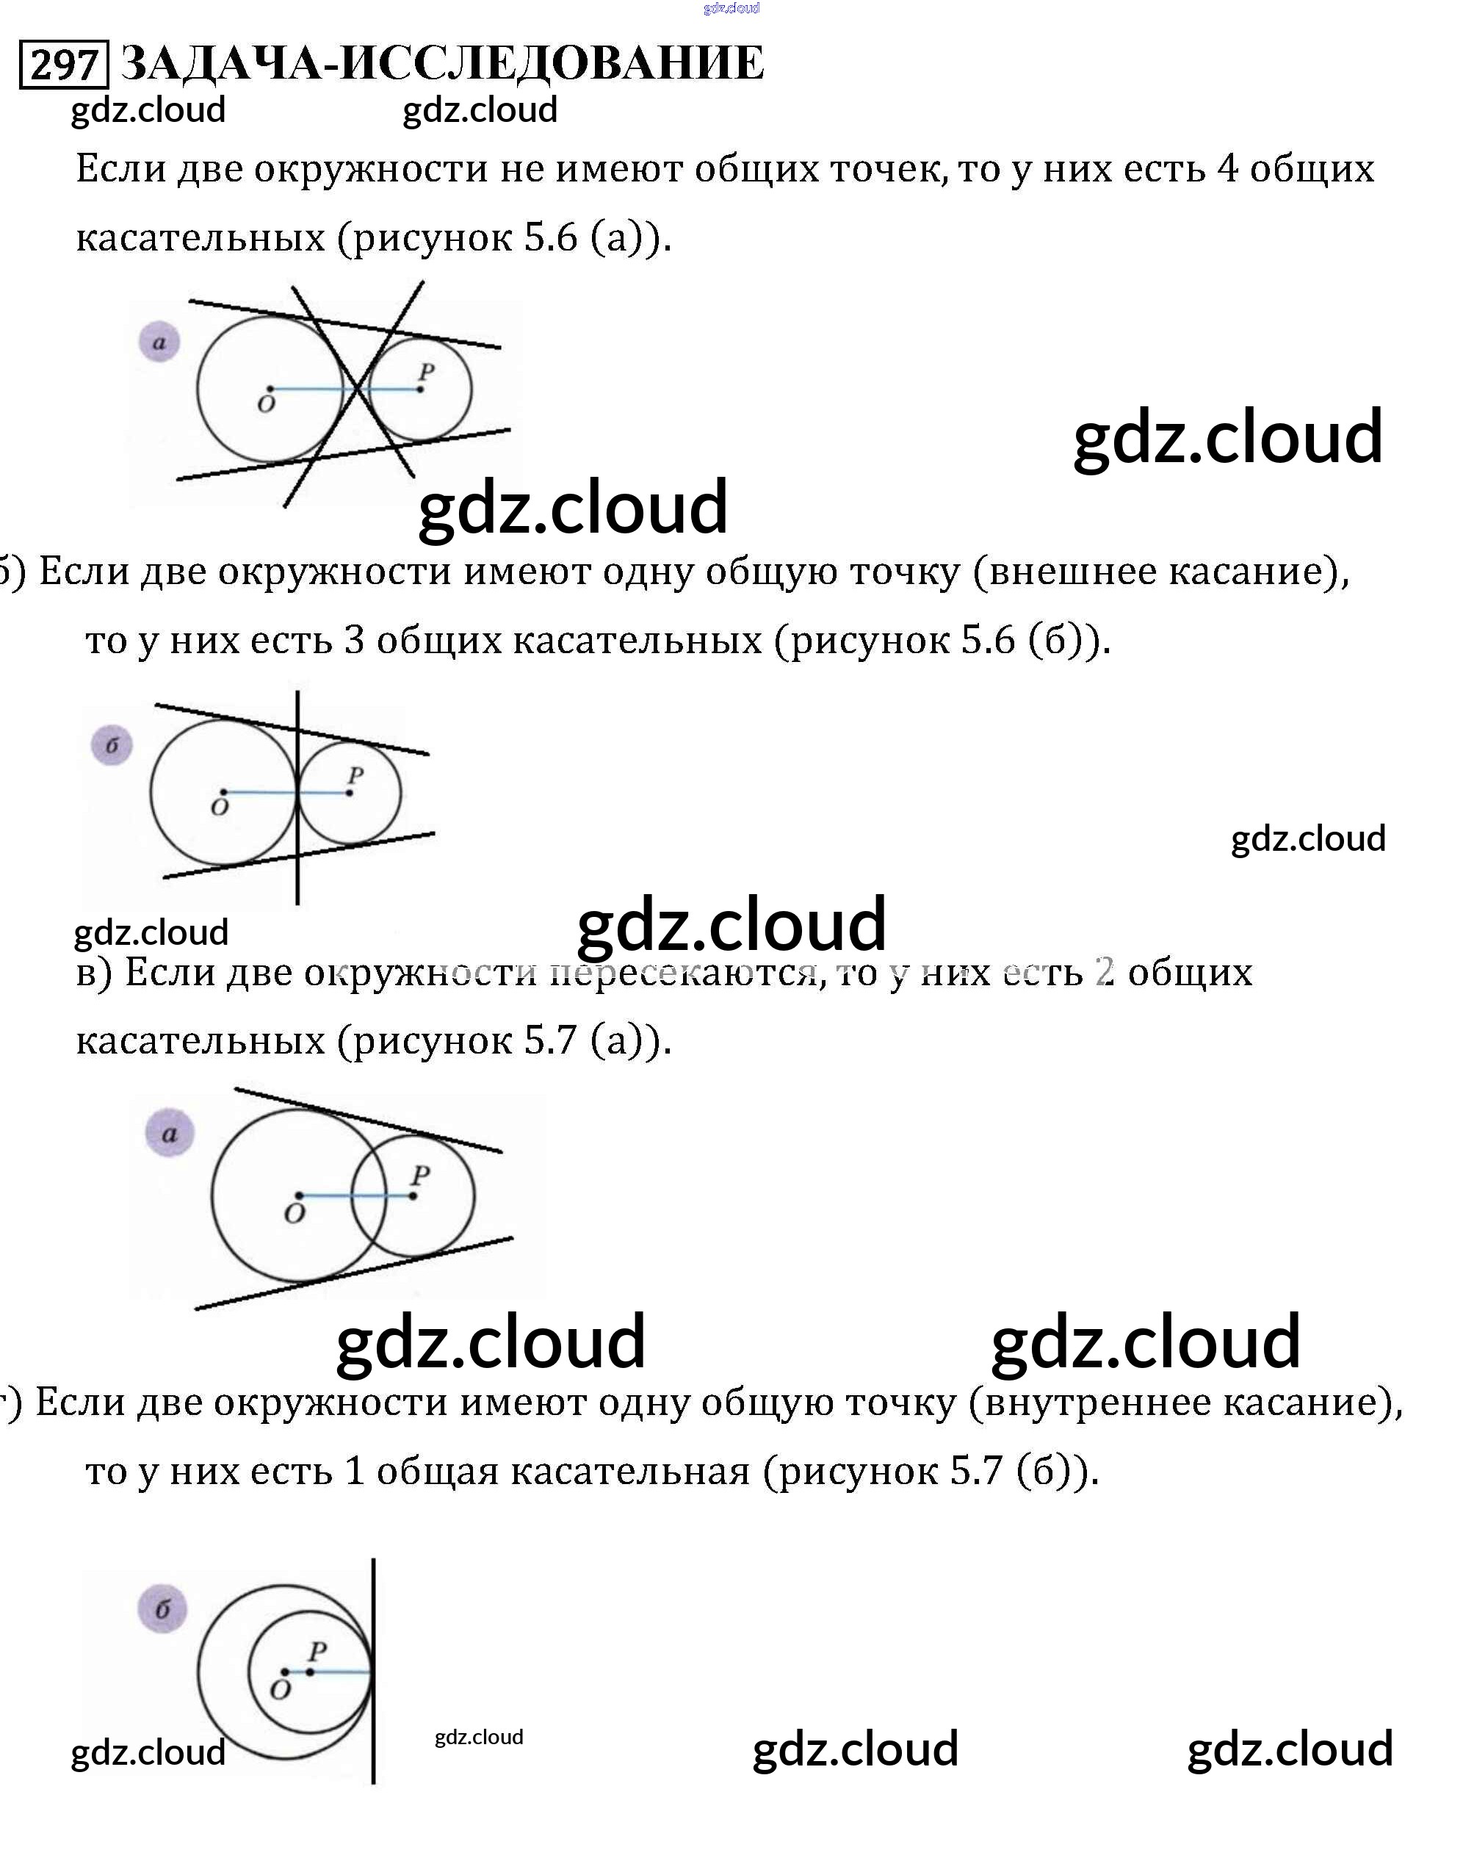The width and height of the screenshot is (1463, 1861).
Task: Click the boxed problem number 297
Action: tap(63, 64)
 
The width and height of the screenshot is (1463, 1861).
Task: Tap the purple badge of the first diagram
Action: tap(159, 342)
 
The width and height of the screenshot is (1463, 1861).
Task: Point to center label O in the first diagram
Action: tap(266, 404)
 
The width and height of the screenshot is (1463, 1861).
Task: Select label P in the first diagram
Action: tap(426, 372)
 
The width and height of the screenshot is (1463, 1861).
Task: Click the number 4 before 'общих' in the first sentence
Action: tap(1227, 168)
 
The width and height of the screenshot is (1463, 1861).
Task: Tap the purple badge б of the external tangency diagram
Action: tap(112, 746)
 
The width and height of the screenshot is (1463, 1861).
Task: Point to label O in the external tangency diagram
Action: tap(220, 807)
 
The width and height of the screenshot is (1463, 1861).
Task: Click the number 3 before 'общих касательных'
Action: tap(355, 640)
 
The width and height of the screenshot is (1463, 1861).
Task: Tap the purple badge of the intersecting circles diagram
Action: tap(170, 1134)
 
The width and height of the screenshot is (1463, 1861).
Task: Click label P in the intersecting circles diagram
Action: tap(419, 1176)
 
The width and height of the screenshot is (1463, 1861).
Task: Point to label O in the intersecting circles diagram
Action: tap(294, 1213)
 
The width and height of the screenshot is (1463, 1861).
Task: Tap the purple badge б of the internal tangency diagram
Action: tap(162, 1609)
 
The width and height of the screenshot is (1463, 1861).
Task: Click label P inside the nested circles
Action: tap(317, 1651)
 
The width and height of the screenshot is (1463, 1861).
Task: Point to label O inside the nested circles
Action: tap(280, 1689)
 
